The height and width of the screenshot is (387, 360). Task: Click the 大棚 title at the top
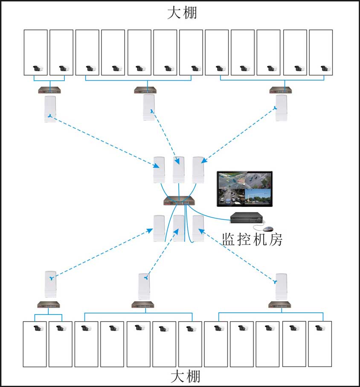182,12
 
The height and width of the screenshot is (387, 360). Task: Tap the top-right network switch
281,90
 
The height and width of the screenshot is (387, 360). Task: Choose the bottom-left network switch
48,305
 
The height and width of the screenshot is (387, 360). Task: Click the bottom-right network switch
279,305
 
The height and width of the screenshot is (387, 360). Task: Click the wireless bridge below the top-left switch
50,109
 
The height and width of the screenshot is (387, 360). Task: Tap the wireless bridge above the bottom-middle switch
144,286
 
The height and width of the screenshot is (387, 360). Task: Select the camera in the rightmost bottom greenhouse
318,329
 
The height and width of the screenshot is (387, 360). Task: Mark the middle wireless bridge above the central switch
179,169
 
